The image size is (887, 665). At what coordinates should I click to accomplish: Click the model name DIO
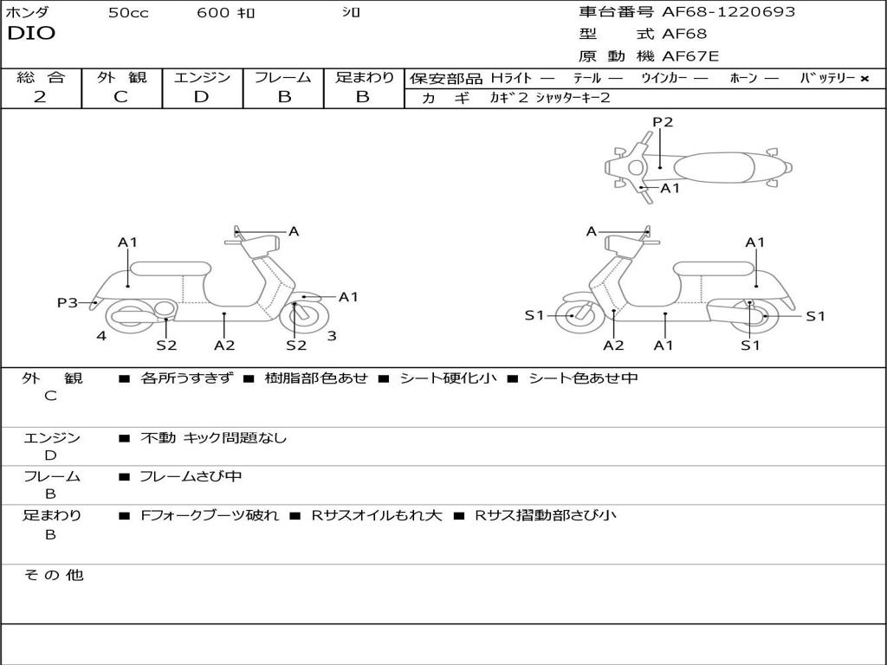(x=31, y=34)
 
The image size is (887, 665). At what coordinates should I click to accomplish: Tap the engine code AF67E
(x=690, y=57)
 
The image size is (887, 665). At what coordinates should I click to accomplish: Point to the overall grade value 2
(x=40, y=97)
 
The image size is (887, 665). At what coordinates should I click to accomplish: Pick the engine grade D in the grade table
(x=201, y=97)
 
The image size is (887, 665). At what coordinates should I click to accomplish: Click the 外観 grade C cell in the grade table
(x=120, y=97)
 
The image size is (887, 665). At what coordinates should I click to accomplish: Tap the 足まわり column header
(x=364, y=77)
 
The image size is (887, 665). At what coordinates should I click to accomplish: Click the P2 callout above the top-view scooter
(x=663, y=122)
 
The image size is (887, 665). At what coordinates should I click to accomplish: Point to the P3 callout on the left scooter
(x=68, y=302)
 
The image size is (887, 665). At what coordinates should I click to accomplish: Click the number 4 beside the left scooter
(x=101, y=336)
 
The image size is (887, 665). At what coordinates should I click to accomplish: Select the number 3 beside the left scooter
(x=332, y=336)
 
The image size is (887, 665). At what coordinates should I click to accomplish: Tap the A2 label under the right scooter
(x=613, y=345)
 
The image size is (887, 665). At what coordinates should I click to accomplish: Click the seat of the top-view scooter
(x=710, y=167)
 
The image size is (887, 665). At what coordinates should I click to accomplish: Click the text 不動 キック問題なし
(x=213, y=438)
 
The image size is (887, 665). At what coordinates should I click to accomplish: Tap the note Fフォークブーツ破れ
(x=210, y=515)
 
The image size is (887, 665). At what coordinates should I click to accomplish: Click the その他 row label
(x=53, y=575)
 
